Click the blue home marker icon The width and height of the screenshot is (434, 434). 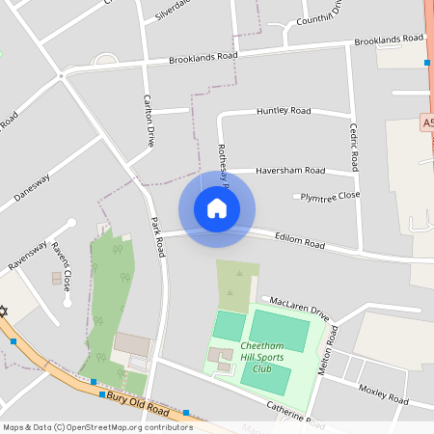pos(217,208)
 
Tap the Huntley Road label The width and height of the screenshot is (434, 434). pos(284,112)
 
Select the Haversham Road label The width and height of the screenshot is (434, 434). pos(290,171)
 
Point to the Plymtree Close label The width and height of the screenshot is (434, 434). pos(330,196)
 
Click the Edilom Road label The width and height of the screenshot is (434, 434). pos(300,238)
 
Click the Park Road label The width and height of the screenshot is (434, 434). pos(158,236)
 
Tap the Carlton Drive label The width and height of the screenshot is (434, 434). pos(149,121)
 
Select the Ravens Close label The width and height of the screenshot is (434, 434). pos(62,267)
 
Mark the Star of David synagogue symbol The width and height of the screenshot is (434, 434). pos(4,311)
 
